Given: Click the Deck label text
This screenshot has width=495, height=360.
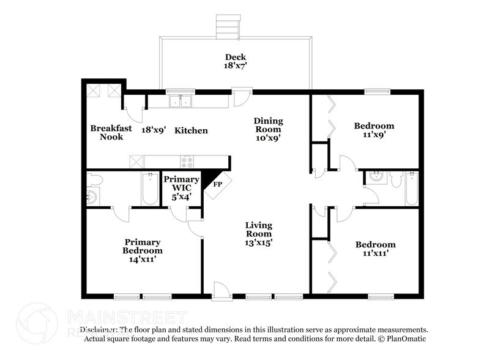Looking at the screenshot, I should click(x=235, y=59).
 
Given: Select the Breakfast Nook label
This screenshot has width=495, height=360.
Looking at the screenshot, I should click(x=107, y=132).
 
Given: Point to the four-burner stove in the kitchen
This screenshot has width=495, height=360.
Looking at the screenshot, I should click(x=187, y=162).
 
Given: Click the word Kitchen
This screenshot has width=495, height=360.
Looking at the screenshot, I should click(x=191, y=130).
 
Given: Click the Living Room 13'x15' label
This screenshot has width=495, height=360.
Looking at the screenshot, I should click(x=259, y=234).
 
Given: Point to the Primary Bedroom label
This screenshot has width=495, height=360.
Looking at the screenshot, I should click(x=143, y=246).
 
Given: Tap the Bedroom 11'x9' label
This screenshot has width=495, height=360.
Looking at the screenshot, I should click(x=374, y=130).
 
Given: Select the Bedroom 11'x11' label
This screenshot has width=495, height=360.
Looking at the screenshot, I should click(x=375, y=249).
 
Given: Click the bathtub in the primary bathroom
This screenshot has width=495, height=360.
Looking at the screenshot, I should click(x=150, y=189).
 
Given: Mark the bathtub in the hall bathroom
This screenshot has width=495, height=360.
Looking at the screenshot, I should click(x=412, y=187).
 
